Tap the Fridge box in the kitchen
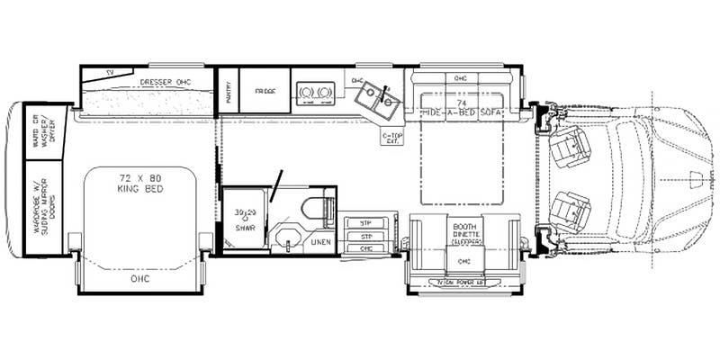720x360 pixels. [x=266, y=91]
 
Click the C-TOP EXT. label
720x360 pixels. [x=392, y=138]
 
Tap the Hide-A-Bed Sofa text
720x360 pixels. [x=462, y=111]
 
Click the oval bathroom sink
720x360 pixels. [x=287, y=241]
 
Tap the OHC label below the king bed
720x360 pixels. [x=139, y=279]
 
